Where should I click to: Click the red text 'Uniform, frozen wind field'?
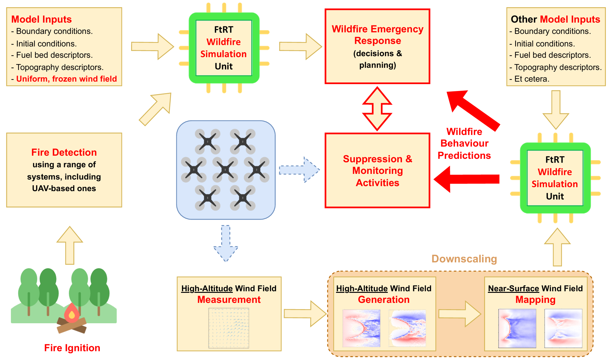(67, 79)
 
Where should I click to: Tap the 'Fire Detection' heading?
(64, 152)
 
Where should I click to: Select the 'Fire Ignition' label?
(72, 348)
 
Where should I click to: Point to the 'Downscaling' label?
(464, 259)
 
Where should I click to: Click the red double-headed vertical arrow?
(377, 109)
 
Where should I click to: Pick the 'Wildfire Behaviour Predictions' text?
(464, 143)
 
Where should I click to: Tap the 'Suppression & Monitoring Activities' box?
(377, 170)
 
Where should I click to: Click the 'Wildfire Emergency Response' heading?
(377, 35)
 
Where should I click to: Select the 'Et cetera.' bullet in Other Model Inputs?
(532, 79)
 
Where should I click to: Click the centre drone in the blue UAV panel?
(225, 170)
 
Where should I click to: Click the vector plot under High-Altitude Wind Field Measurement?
(229, 328)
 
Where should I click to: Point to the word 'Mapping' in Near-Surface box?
(535, 300)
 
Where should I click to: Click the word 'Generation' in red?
(383, 300)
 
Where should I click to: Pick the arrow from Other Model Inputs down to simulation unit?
(556, 110)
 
